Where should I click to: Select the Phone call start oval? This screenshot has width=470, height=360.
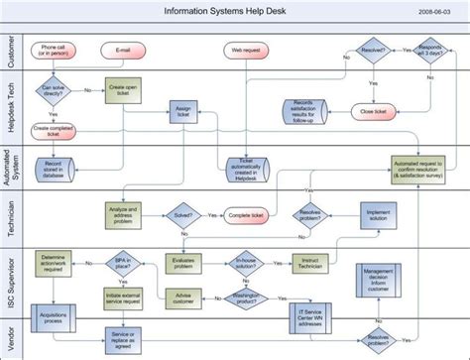coord(55,50)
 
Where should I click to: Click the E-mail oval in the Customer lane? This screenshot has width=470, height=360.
coord(123,49)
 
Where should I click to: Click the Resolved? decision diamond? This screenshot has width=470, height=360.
coord(374,49)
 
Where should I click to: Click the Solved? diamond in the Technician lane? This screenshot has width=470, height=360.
coord(183,213)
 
